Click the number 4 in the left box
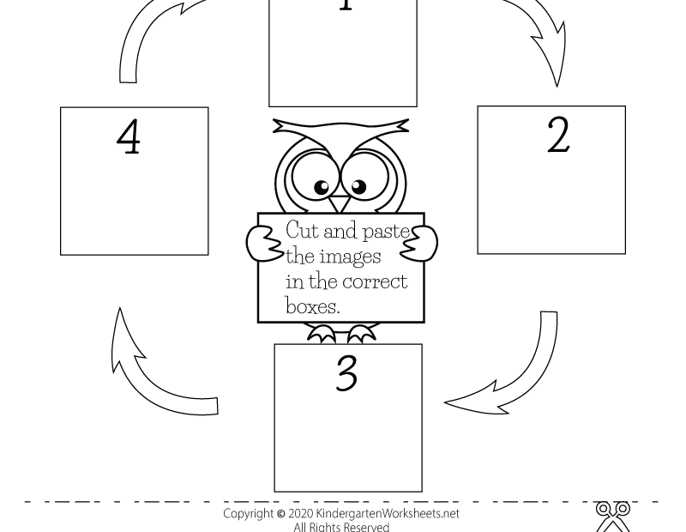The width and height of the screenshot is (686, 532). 129,136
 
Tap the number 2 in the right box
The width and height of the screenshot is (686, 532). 558,135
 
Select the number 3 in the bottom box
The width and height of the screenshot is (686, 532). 346,372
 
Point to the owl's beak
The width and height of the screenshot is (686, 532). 340,204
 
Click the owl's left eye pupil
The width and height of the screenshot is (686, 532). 322,187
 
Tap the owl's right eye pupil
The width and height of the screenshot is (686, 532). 358,185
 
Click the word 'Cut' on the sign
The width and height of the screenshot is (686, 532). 302,230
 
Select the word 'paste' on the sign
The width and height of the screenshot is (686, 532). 387,231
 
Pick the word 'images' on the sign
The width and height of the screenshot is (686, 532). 350,256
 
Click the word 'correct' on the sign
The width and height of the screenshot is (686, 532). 375,281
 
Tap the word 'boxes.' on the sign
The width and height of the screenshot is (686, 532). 313,305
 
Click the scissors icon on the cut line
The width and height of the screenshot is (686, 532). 613,516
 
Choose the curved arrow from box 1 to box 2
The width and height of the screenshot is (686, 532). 540,34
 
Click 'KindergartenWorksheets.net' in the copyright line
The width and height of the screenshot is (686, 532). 388,513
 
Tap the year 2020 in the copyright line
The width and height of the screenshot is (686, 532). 300,513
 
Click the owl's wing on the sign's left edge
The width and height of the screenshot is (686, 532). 262,242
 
